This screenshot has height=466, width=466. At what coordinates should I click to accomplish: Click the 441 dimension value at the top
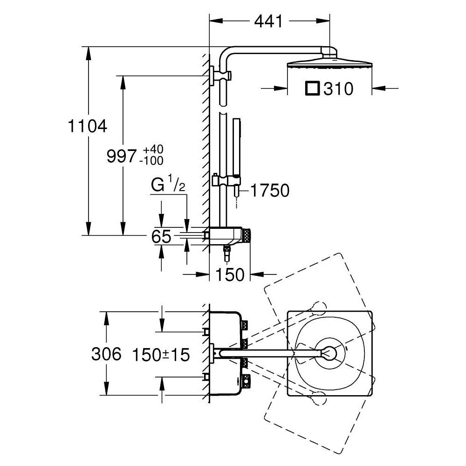[269, 21]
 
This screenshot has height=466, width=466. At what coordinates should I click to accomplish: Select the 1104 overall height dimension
[88, 126]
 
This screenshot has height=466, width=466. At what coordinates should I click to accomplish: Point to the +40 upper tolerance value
[153, 150]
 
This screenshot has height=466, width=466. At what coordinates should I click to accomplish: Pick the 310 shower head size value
[339, 89]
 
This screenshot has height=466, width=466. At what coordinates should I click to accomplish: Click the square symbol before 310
[312, 88]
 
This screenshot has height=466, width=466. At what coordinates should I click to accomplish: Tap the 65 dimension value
[161, 236]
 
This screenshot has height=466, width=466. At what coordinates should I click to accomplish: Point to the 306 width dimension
[106, 354]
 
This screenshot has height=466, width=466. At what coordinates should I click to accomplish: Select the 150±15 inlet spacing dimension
[161, 356]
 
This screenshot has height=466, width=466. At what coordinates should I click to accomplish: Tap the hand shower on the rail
[237, 149]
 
